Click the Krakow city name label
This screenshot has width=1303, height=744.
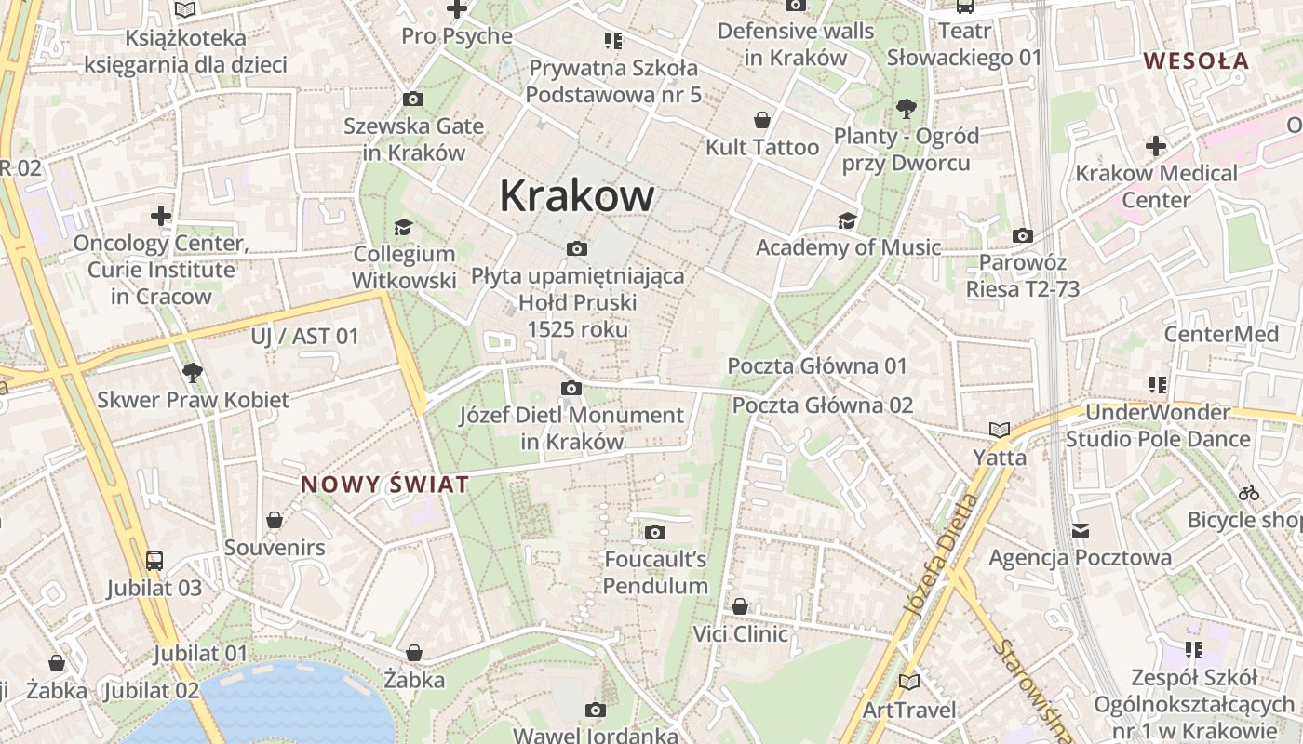577,196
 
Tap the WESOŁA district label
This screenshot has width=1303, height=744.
1196,61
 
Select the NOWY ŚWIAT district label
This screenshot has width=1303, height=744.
384,485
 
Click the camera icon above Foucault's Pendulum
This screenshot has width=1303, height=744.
655,533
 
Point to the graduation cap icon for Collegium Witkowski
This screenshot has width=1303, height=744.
403,228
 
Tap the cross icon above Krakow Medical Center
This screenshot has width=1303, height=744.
1155,146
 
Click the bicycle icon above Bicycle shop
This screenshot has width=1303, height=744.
1249,493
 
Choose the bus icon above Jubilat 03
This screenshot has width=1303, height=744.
154,561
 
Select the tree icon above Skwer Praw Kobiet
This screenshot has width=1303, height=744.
193,373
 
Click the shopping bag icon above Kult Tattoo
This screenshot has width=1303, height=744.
762,120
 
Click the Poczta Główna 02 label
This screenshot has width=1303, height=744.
823,405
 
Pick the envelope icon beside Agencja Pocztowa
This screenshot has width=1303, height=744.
1080,531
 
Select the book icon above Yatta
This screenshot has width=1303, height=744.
1000,431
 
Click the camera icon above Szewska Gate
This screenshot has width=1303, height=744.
413,100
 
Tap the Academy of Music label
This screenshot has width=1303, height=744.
848,247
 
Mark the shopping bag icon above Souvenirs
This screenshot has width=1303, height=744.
275,520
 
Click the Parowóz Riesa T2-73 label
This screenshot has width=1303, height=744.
1023,276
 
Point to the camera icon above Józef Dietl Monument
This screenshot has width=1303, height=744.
571,389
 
